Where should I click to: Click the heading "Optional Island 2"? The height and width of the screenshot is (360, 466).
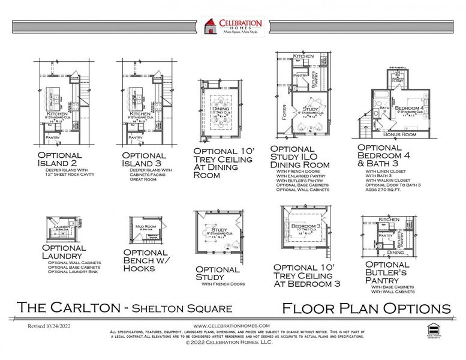tap(59, 158)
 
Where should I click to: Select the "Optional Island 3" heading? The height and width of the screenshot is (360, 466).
tap(143, 158)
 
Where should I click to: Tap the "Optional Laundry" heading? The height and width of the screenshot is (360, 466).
tap(64, 252)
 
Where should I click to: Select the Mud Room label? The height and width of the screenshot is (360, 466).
tap(142, 226)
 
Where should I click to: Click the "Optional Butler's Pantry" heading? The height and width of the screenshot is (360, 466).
tap(387, 273)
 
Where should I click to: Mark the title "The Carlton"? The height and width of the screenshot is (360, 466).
tap(66, 308)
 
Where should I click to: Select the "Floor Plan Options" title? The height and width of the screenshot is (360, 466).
tap(366, 308)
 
